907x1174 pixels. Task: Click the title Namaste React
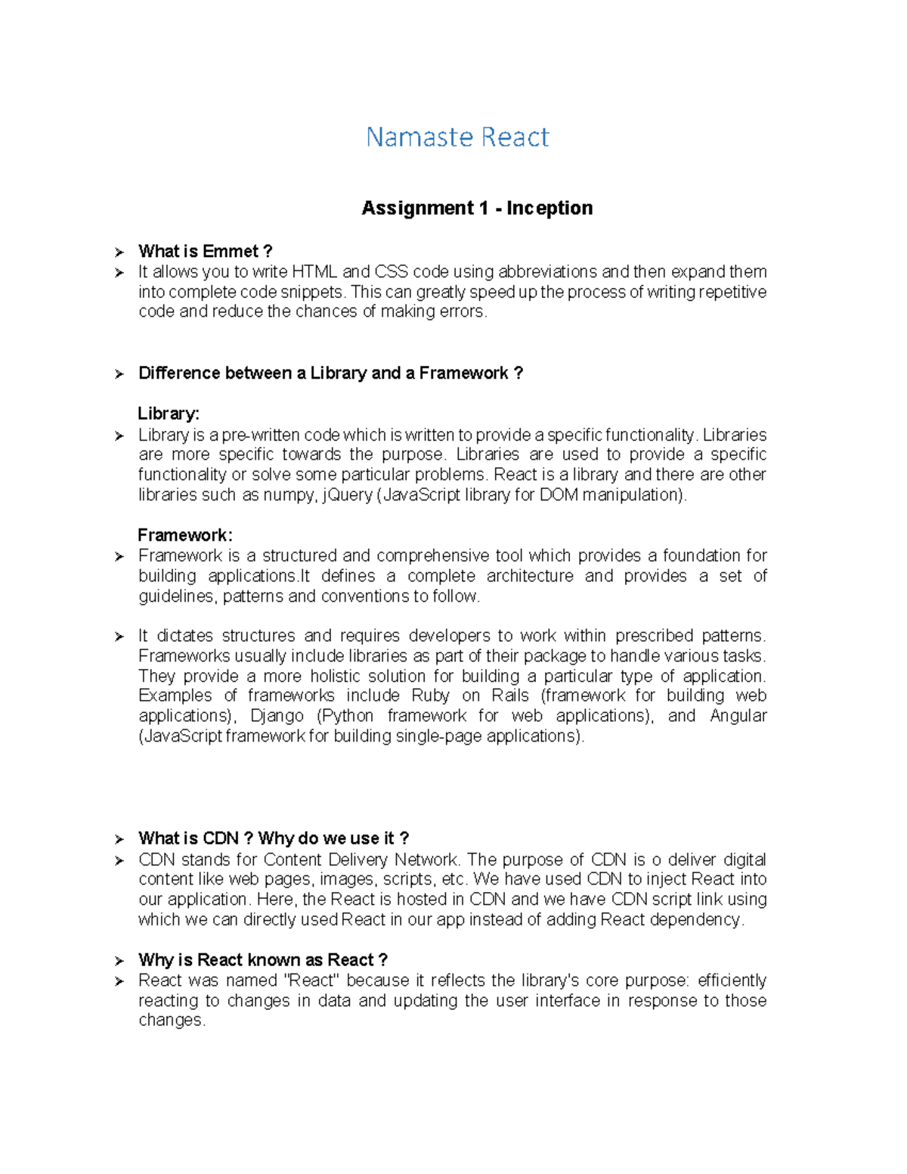point(457,137)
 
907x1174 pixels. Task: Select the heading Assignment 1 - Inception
point(477,208)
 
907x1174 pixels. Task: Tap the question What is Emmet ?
point(205,252)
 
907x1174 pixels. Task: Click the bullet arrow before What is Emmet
point(119,252)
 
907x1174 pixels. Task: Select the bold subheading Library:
point(169,414)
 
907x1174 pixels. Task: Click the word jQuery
point(347,495)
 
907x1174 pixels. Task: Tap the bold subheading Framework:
point(185,535)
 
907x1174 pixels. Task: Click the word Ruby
point(430,695)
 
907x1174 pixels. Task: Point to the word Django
point(277,716)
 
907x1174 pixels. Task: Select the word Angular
point(738,716)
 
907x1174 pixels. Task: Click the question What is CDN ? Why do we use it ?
point(274,838)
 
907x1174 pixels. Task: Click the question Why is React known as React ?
point(263,960)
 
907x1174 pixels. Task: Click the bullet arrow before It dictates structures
point(119,637)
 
